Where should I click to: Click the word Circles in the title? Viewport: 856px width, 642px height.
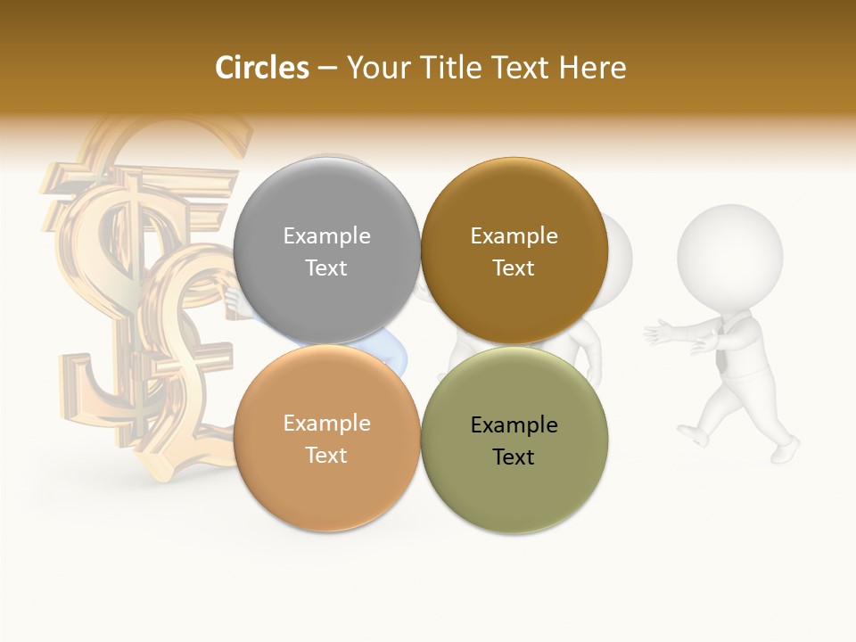[x=261, y=68]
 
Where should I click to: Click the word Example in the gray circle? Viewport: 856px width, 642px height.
[x=326, y=235]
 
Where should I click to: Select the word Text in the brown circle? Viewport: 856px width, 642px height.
[x=514, y=267]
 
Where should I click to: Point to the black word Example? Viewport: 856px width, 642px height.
[x=514, y=424]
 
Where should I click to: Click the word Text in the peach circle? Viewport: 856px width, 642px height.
[x=326, y=455]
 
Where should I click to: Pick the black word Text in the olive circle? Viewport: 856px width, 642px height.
[x=514, y=457]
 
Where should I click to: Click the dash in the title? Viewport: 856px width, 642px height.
[x=327, y=69]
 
